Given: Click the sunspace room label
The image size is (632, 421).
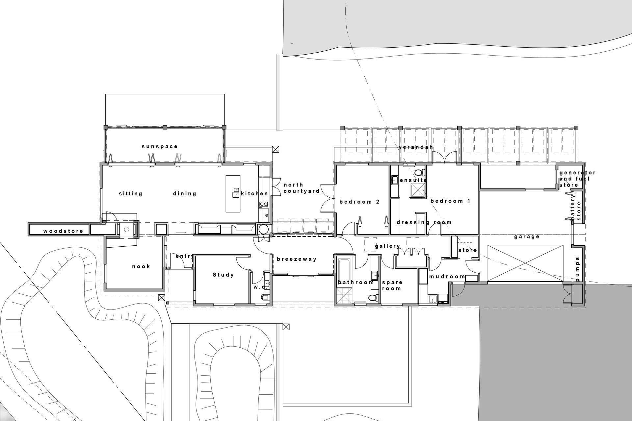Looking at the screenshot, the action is coord(160,147).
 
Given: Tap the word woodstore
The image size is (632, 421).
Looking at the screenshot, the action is coord(63,231).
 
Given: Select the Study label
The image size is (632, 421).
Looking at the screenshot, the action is coord(223,275).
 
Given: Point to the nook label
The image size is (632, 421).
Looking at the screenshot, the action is coord(141,266).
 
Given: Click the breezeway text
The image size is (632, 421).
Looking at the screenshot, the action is coord(297,259).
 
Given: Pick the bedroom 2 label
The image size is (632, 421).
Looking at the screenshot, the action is coord(360,202).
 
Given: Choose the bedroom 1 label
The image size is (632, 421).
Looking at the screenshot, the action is coord(451,201).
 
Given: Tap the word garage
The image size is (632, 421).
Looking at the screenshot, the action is coord(527,237).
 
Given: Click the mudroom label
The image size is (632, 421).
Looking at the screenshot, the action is coord(447,277).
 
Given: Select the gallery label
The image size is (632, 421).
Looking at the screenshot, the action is coord(388,246).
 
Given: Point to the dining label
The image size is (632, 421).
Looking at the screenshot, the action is coord(185,194).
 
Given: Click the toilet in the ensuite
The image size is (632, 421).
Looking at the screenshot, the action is coord(419,172).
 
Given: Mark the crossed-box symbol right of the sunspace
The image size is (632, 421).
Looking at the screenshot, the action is coord(276,149).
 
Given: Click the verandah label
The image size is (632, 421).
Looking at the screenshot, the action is coord(416,147).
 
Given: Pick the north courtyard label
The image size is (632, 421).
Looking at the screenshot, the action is coord(302,188).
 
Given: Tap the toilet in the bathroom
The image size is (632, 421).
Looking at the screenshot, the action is coord(373,298).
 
